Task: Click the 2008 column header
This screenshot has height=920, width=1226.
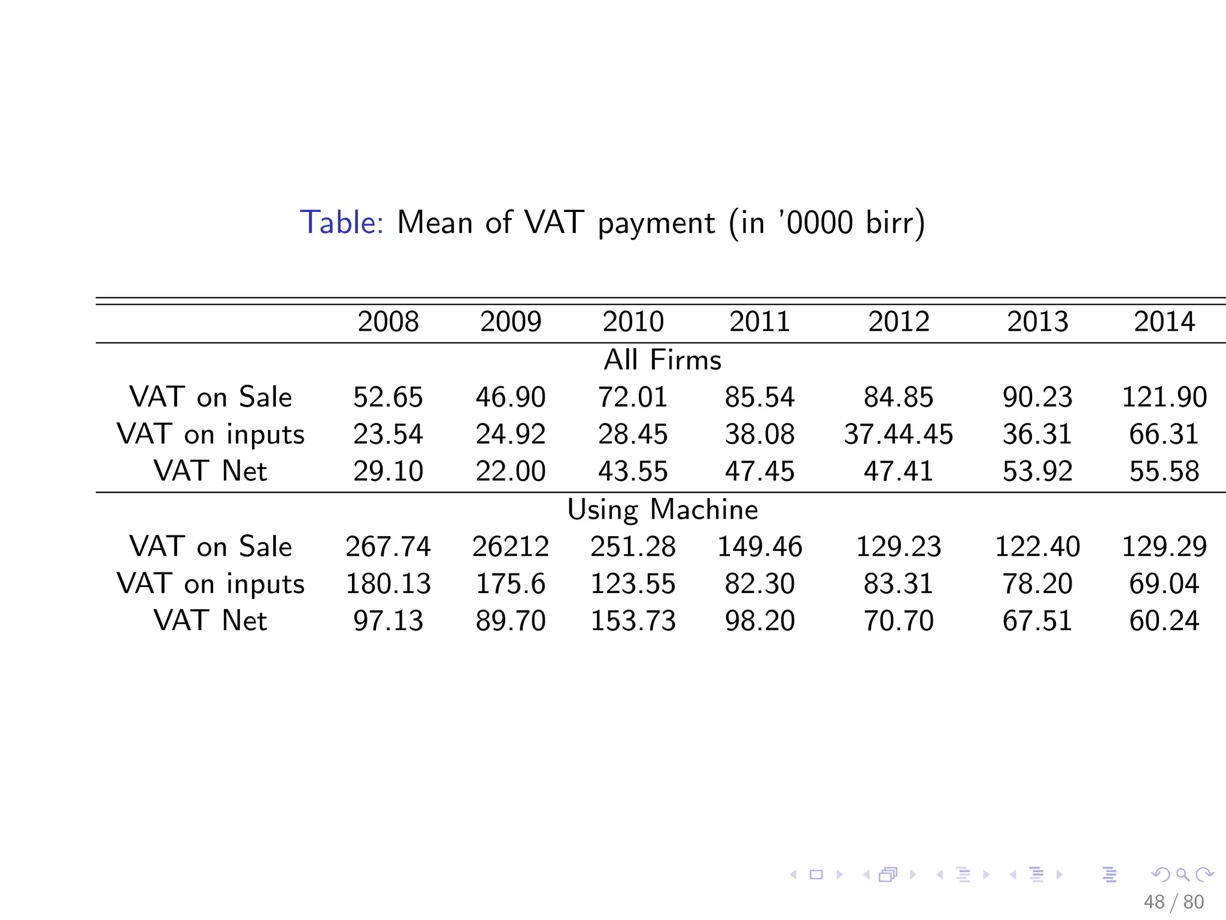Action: tap(388, 322)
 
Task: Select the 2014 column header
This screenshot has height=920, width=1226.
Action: tap(1164, 322)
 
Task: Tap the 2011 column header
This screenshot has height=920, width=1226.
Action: tap(759, 322)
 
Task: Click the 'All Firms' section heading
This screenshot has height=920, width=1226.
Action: tap(662, 360)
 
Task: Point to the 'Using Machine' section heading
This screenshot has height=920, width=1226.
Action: tap(662, 510)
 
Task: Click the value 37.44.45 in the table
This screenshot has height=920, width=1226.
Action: tap(898, 434)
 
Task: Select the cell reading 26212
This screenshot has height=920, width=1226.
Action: tap(510, 546)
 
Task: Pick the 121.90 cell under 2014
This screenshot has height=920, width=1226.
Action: tap(1164, 397)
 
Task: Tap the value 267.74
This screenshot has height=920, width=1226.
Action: tap(388, 546)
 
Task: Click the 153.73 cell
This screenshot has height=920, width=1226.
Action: tap(633, 621)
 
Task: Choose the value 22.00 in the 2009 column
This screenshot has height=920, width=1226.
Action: tap(510, 471)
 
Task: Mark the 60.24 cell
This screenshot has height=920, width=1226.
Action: tap(1164, 621)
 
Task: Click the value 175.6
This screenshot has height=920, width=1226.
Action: tap(510, 583)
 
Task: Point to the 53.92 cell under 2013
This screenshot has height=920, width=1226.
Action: tap(1037, 471)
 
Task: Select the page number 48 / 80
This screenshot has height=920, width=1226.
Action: tap(1173, 901)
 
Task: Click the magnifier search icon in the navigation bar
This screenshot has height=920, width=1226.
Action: tap(1182, 874)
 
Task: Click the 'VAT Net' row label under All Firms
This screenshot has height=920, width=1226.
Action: tap(210, 471)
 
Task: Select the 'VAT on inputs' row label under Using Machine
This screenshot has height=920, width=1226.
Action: tap(210, 583)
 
